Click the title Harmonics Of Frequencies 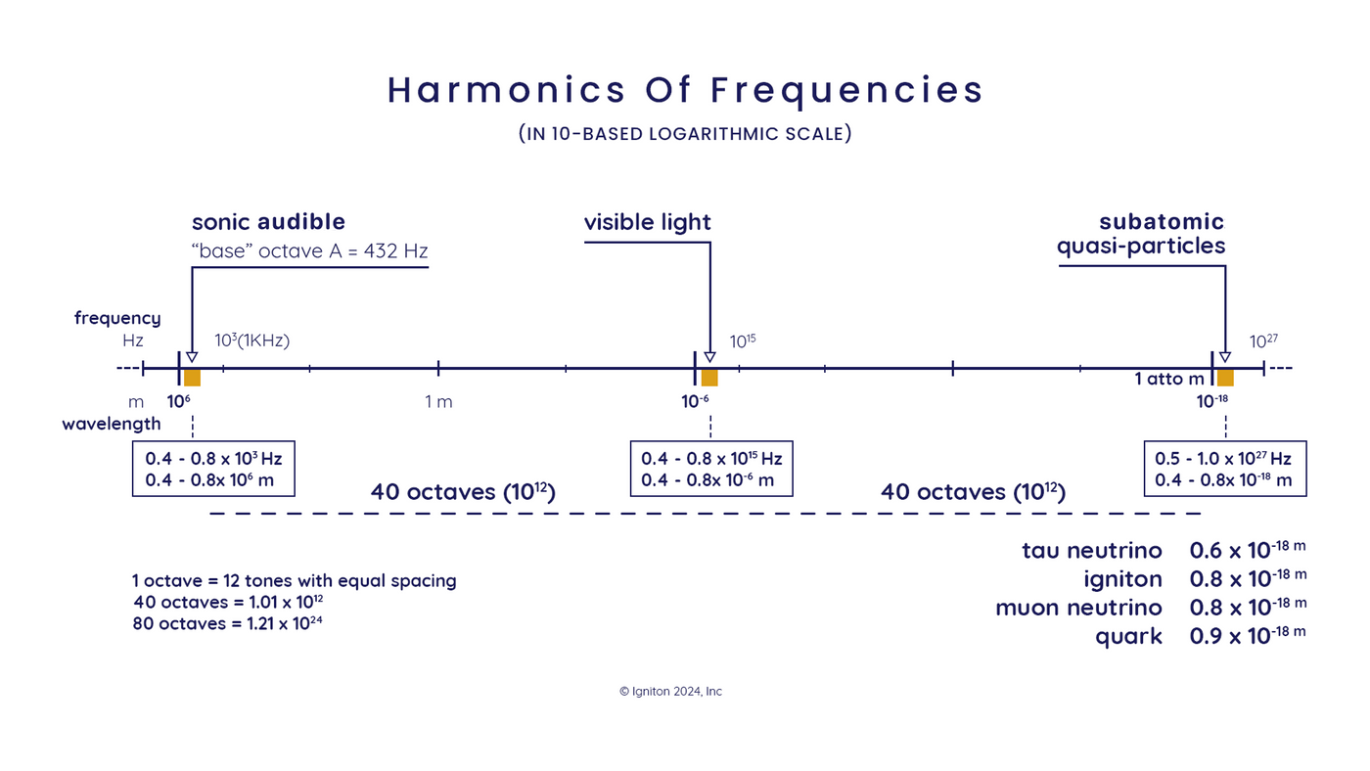pyautogui.click(x=685, y=90)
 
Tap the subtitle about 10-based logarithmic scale pyautogui.click(x=685, y=134)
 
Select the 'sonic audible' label pyautogui.click(x=268, y=222)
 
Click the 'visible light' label pyautogui.click(x=647, y=223)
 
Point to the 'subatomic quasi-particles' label pyautogui.click(x=1141, y=234)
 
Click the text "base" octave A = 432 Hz pyautogui.click(x=309, y=251)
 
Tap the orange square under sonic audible pyautogui.click(x=192, y=378)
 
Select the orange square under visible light pyautogui.click(x=709, y=378)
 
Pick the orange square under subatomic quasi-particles pyautogui.click(x=1225, y=378)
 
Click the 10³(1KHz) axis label pyautogui.click(x=251, y=340)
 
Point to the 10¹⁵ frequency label pyautogui.click(x=743, y=341)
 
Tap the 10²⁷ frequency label pyautogui.click(x=1263, y=341)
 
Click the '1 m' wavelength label pyautogui.click(x=438, y=402)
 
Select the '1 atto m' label pyautogui.click(x=1169, y=379)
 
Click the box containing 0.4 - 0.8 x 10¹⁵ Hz pyautogui.click(x=711, y=469)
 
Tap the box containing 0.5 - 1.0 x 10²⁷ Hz pyautogui.click(x=1223, y=469)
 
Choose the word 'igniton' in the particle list pyautogui.click(x=1122, y=579)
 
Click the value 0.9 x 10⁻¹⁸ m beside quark pyautogui.click(x=1247, y=636)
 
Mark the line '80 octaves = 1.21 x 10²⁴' pyautogui.click(x=227, y=623)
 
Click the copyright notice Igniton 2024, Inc pyautogui.click(x=670, y=692)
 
